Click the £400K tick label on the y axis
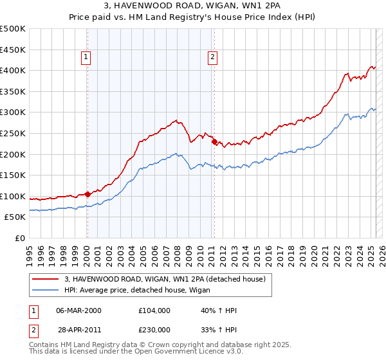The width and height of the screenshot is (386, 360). click(x=13, y=70)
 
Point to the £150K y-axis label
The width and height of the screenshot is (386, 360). click(x=13, y=175)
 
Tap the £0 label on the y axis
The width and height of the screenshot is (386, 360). click(x=21, y=238)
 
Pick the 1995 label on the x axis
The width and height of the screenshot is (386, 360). click(x=30, y=251)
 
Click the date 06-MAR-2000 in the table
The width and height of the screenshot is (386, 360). click(x=79, y=310)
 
